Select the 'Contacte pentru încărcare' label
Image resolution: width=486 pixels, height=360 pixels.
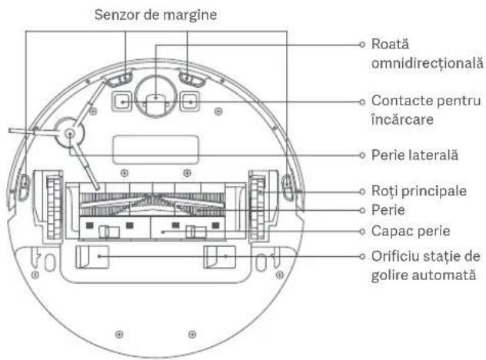(x=414, y=111)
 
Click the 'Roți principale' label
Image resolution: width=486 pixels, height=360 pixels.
(x=414, y=190)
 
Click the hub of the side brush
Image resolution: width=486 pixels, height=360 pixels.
(x=70, y=133)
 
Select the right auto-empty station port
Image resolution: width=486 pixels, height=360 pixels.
(x=218, y=257)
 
